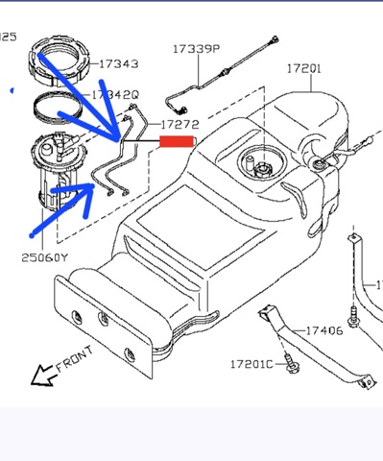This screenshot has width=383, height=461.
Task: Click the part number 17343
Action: click(x=119, y=64)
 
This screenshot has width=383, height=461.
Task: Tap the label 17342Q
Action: click(x=115, y=95)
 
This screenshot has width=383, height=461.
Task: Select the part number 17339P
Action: click(x=197, y=49)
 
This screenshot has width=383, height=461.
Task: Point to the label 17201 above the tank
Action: click(x=303, y=68)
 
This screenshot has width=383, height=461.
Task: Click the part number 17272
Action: click(x=180, y=125)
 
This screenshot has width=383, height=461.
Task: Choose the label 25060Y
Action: click(x=45, y=257)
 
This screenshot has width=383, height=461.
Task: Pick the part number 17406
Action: click(x=324, y=330)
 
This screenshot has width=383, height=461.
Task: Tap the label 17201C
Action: click(x=251, y=364)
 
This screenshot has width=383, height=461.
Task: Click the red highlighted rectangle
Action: click(x=177, y=141)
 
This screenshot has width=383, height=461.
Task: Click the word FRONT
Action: click(x=75, y=358)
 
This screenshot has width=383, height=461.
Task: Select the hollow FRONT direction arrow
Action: click(x=43, y=376)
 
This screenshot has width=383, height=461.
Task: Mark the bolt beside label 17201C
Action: click(x=291, y=364)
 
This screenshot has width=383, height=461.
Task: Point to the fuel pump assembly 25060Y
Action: click(x=59, y=171)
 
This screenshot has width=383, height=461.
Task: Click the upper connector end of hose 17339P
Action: click(x=275, y=39)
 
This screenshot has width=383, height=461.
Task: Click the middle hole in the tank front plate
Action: click(x=103, y=319)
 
